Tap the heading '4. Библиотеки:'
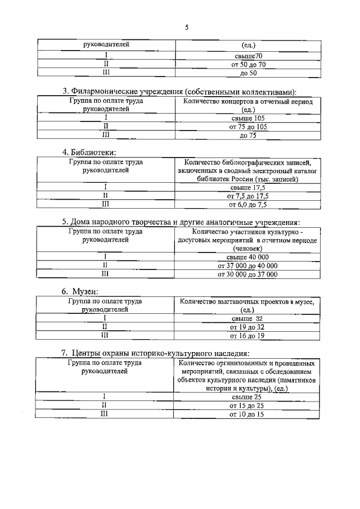coord(89,152)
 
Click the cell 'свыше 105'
coord(248,118)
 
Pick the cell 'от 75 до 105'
coord(248,127)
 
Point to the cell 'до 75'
coord(248,136)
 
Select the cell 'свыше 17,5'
coord(248,187)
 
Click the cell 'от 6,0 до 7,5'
coord(248,205)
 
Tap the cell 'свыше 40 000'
coord(248,256)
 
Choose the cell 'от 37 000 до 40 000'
coord(248,265)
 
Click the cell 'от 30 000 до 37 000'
coord(248,274)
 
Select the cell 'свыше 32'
coord(248,318)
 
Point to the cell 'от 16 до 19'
coord(248,336)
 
